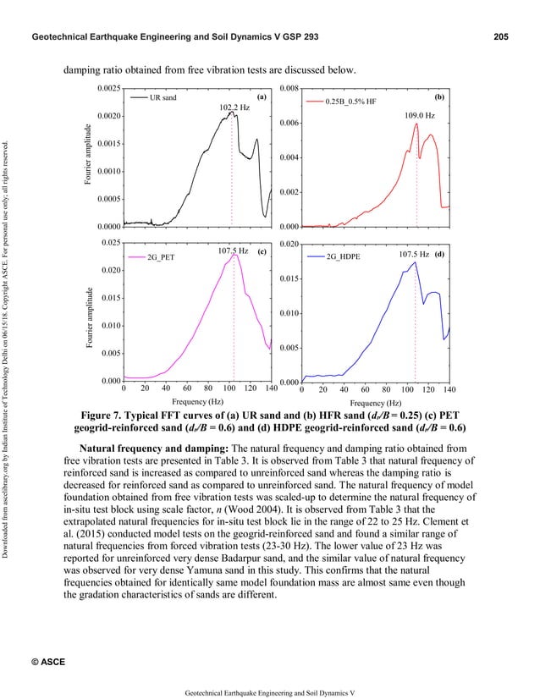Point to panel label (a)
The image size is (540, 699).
[x=262, y=97]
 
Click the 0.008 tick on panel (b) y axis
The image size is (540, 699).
[x=289, y=88]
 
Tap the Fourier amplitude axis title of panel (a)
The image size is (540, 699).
[x=87, y=156]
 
